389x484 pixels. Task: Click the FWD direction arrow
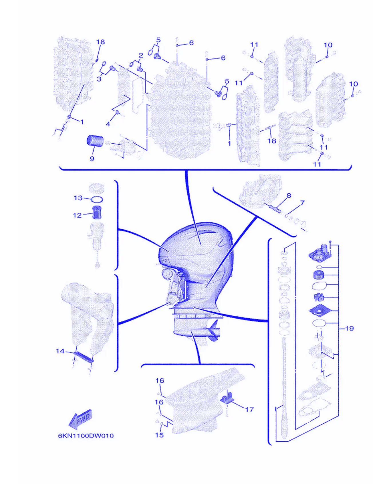[x=80, y=419]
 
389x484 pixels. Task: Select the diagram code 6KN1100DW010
[x=86, y=436]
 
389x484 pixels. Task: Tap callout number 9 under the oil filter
[x=92, y=159]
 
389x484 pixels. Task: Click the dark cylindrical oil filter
[x=95, y=141]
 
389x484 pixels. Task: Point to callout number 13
[x=78, y=198]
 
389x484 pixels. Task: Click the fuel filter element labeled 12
[x=97, y=212]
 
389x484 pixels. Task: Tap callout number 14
[x=60, y=351]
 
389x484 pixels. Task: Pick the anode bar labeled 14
[x=84, y=357]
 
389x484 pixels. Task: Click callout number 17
[x=249, y=409]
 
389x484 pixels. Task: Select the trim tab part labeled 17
[x=227, y=397]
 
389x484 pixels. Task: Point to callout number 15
[x=159, y=435]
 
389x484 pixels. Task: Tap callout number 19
[x=350, y=328]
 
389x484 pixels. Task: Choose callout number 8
[x=289, y=195]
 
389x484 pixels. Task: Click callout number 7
[x=302, y=203]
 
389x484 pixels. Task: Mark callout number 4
[x=108, y=124]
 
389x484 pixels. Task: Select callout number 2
[x=141, y=55]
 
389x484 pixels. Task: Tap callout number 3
[x=99, y=79]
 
